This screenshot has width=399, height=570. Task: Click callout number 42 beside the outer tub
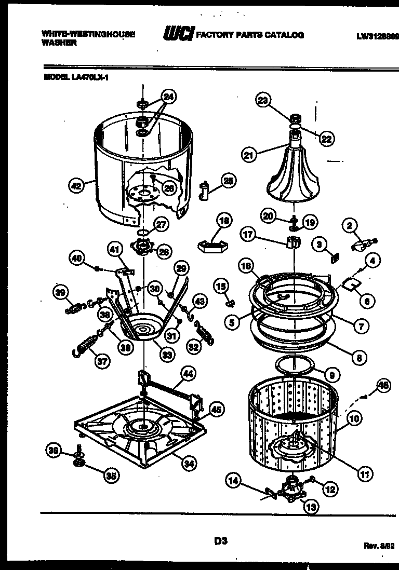(x=77, y=184)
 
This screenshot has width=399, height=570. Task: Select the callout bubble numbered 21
(x=249, y=154)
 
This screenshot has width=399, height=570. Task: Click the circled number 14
(x=234, y=481)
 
